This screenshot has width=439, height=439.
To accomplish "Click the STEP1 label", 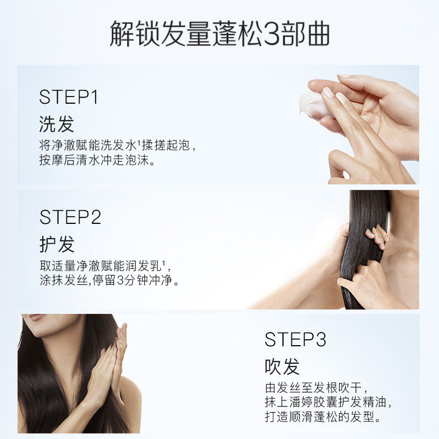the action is [69, 97].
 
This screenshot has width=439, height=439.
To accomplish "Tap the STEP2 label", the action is [70, 217].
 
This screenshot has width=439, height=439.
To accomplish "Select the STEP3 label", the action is [295, 339].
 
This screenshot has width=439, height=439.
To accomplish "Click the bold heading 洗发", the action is [57, 124].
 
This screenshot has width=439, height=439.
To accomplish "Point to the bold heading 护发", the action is [57, 244].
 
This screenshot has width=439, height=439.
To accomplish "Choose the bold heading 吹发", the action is [282, 366].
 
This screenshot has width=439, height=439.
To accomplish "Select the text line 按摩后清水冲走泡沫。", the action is [97, 160].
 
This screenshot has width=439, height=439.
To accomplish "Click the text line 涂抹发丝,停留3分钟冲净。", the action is [109, 280].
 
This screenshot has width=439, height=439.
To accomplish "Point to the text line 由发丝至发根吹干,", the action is [317, 387].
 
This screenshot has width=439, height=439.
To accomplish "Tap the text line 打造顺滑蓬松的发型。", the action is [323, 417].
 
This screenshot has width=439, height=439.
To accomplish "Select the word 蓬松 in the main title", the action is [238, 33].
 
